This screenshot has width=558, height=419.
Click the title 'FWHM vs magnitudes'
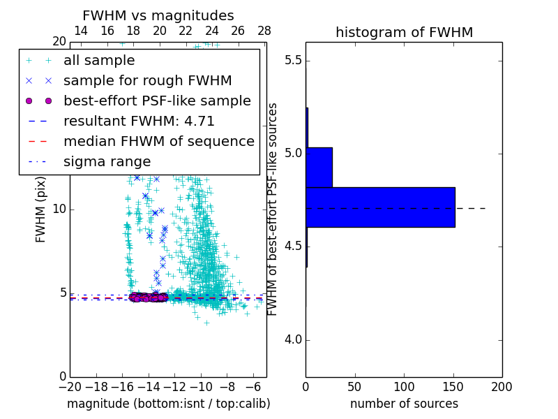(x=158, y=15)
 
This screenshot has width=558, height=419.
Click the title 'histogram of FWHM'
(x=404, y=32)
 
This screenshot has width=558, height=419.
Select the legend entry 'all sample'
(x=99, y=61)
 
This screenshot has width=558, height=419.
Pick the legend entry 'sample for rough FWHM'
(x=147, y=81)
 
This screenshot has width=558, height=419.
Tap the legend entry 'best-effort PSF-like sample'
(x=157, y=101)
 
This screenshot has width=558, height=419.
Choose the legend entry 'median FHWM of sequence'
(x=158, y=142)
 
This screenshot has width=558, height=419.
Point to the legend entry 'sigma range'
(x=107, y=162)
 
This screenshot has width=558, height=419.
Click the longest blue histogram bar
(x=380, y=207)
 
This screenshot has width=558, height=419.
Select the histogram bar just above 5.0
(x=319, y=167)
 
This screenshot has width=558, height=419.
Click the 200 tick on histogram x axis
(x=502, y=386)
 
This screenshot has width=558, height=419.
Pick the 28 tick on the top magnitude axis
(x=264, y=31)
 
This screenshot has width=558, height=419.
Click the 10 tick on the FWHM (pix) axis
(x=59, y=209)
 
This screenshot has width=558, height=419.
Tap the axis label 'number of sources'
(x=404, y=404)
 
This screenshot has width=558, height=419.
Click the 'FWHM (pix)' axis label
(x=41, y=209)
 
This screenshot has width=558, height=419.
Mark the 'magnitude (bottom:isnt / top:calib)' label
(x=168, y=404)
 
